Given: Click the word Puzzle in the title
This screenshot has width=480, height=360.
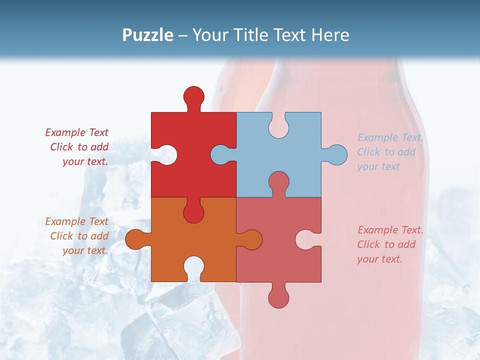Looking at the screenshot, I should [148, 35].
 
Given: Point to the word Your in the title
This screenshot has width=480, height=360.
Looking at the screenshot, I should [209, 35].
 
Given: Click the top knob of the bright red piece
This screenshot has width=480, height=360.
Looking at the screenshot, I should [193, 96].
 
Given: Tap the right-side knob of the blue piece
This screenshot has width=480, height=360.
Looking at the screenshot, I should [336, 155].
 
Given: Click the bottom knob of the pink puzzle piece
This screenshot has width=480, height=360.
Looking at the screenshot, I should [278, 297].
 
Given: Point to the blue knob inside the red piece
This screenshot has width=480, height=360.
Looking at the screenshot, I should [220, 155].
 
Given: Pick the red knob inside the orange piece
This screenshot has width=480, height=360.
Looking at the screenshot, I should [193, 212].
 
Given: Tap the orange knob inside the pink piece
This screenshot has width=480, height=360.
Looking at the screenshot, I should [251, 239].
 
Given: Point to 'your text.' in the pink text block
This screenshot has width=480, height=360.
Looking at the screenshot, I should [379, 259].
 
